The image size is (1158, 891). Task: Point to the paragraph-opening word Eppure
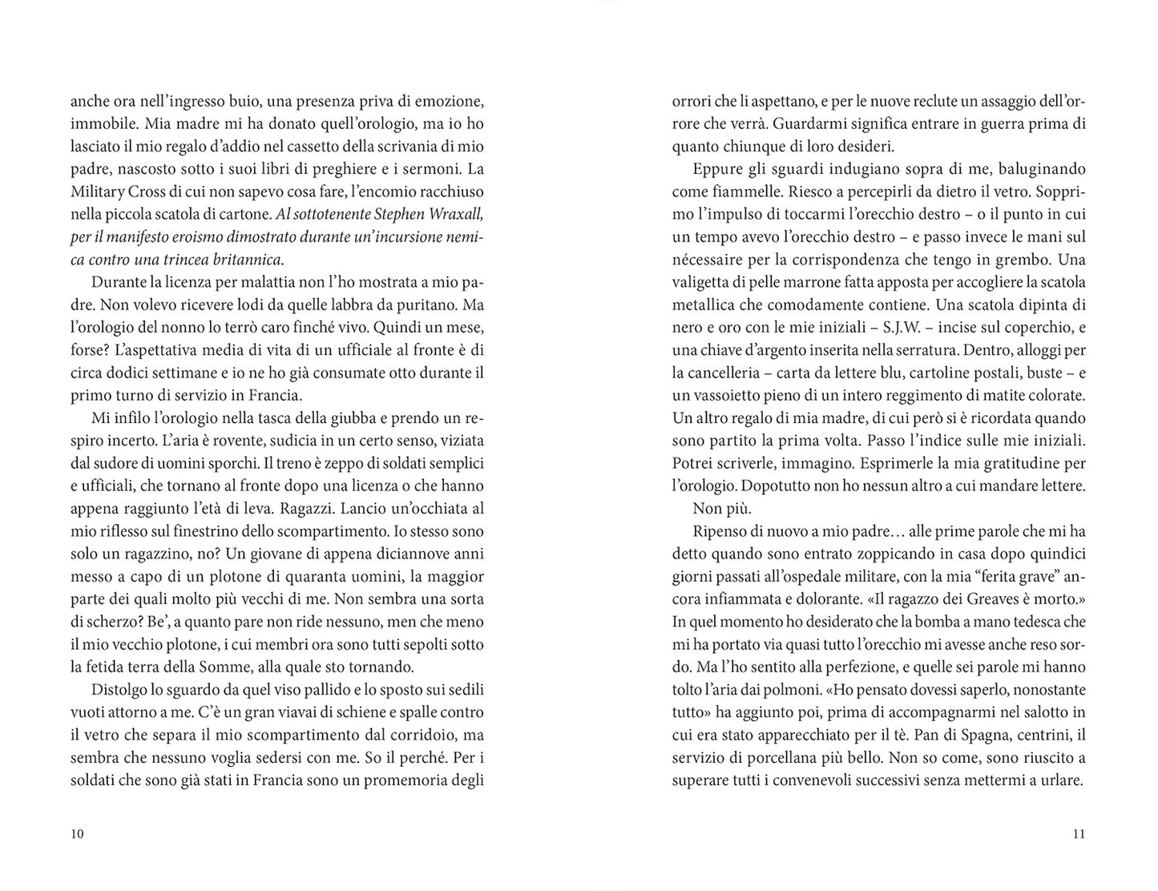714,169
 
